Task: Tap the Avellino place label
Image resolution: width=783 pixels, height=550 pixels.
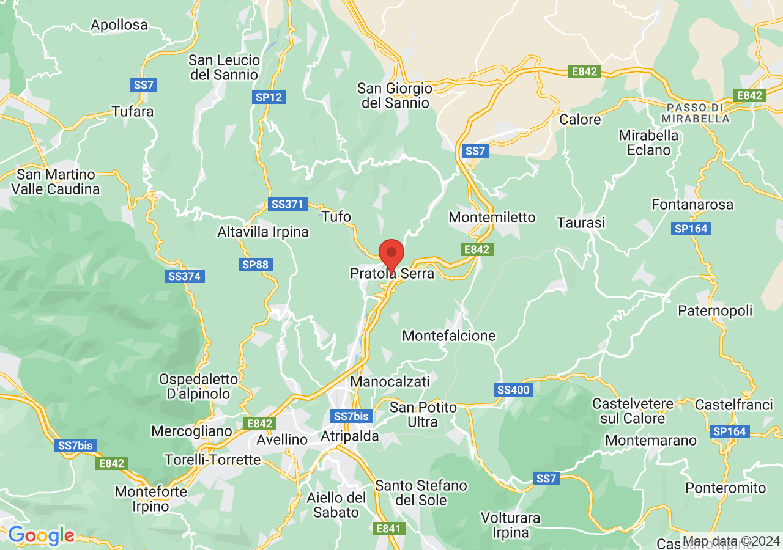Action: tap(282, 439)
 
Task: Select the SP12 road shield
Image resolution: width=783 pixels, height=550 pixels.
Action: tap(269, 97)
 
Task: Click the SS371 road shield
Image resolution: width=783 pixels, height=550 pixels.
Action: tap(287, 204)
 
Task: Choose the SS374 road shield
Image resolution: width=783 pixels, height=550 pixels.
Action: tap(184, 276)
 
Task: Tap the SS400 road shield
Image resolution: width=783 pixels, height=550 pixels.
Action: tap(513, 390)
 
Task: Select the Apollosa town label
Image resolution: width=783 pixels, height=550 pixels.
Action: tap(119, 25)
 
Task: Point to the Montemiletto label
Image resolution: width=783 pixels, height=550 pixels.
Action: tap(492, 217)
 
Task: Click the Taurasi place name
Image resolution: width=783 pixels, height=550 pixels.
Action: tap(581, 223)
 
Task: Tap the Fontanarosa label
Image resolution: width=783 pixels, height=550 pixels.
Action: tap(692, 205)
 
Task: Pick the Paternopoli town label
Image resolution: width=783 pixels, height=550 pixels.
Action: tap(715, 311)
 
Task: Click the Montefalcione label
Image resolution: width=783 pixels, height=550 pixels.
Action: tap(449, 335)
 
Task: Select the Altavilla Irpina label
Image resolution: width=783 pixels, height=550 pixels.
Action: tap(263, 232)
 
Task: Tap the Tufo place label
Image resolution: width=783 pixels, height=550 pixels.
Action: tap(336, 216)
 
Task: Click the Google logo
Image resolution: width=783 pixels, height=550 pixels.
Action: tap(42, 536)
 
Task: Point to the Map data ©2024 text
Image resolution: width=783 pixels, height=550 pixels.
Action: tap(731, 541)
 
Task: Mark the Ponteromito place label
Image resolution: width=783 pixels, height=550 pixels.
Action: tap(725, 488)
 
